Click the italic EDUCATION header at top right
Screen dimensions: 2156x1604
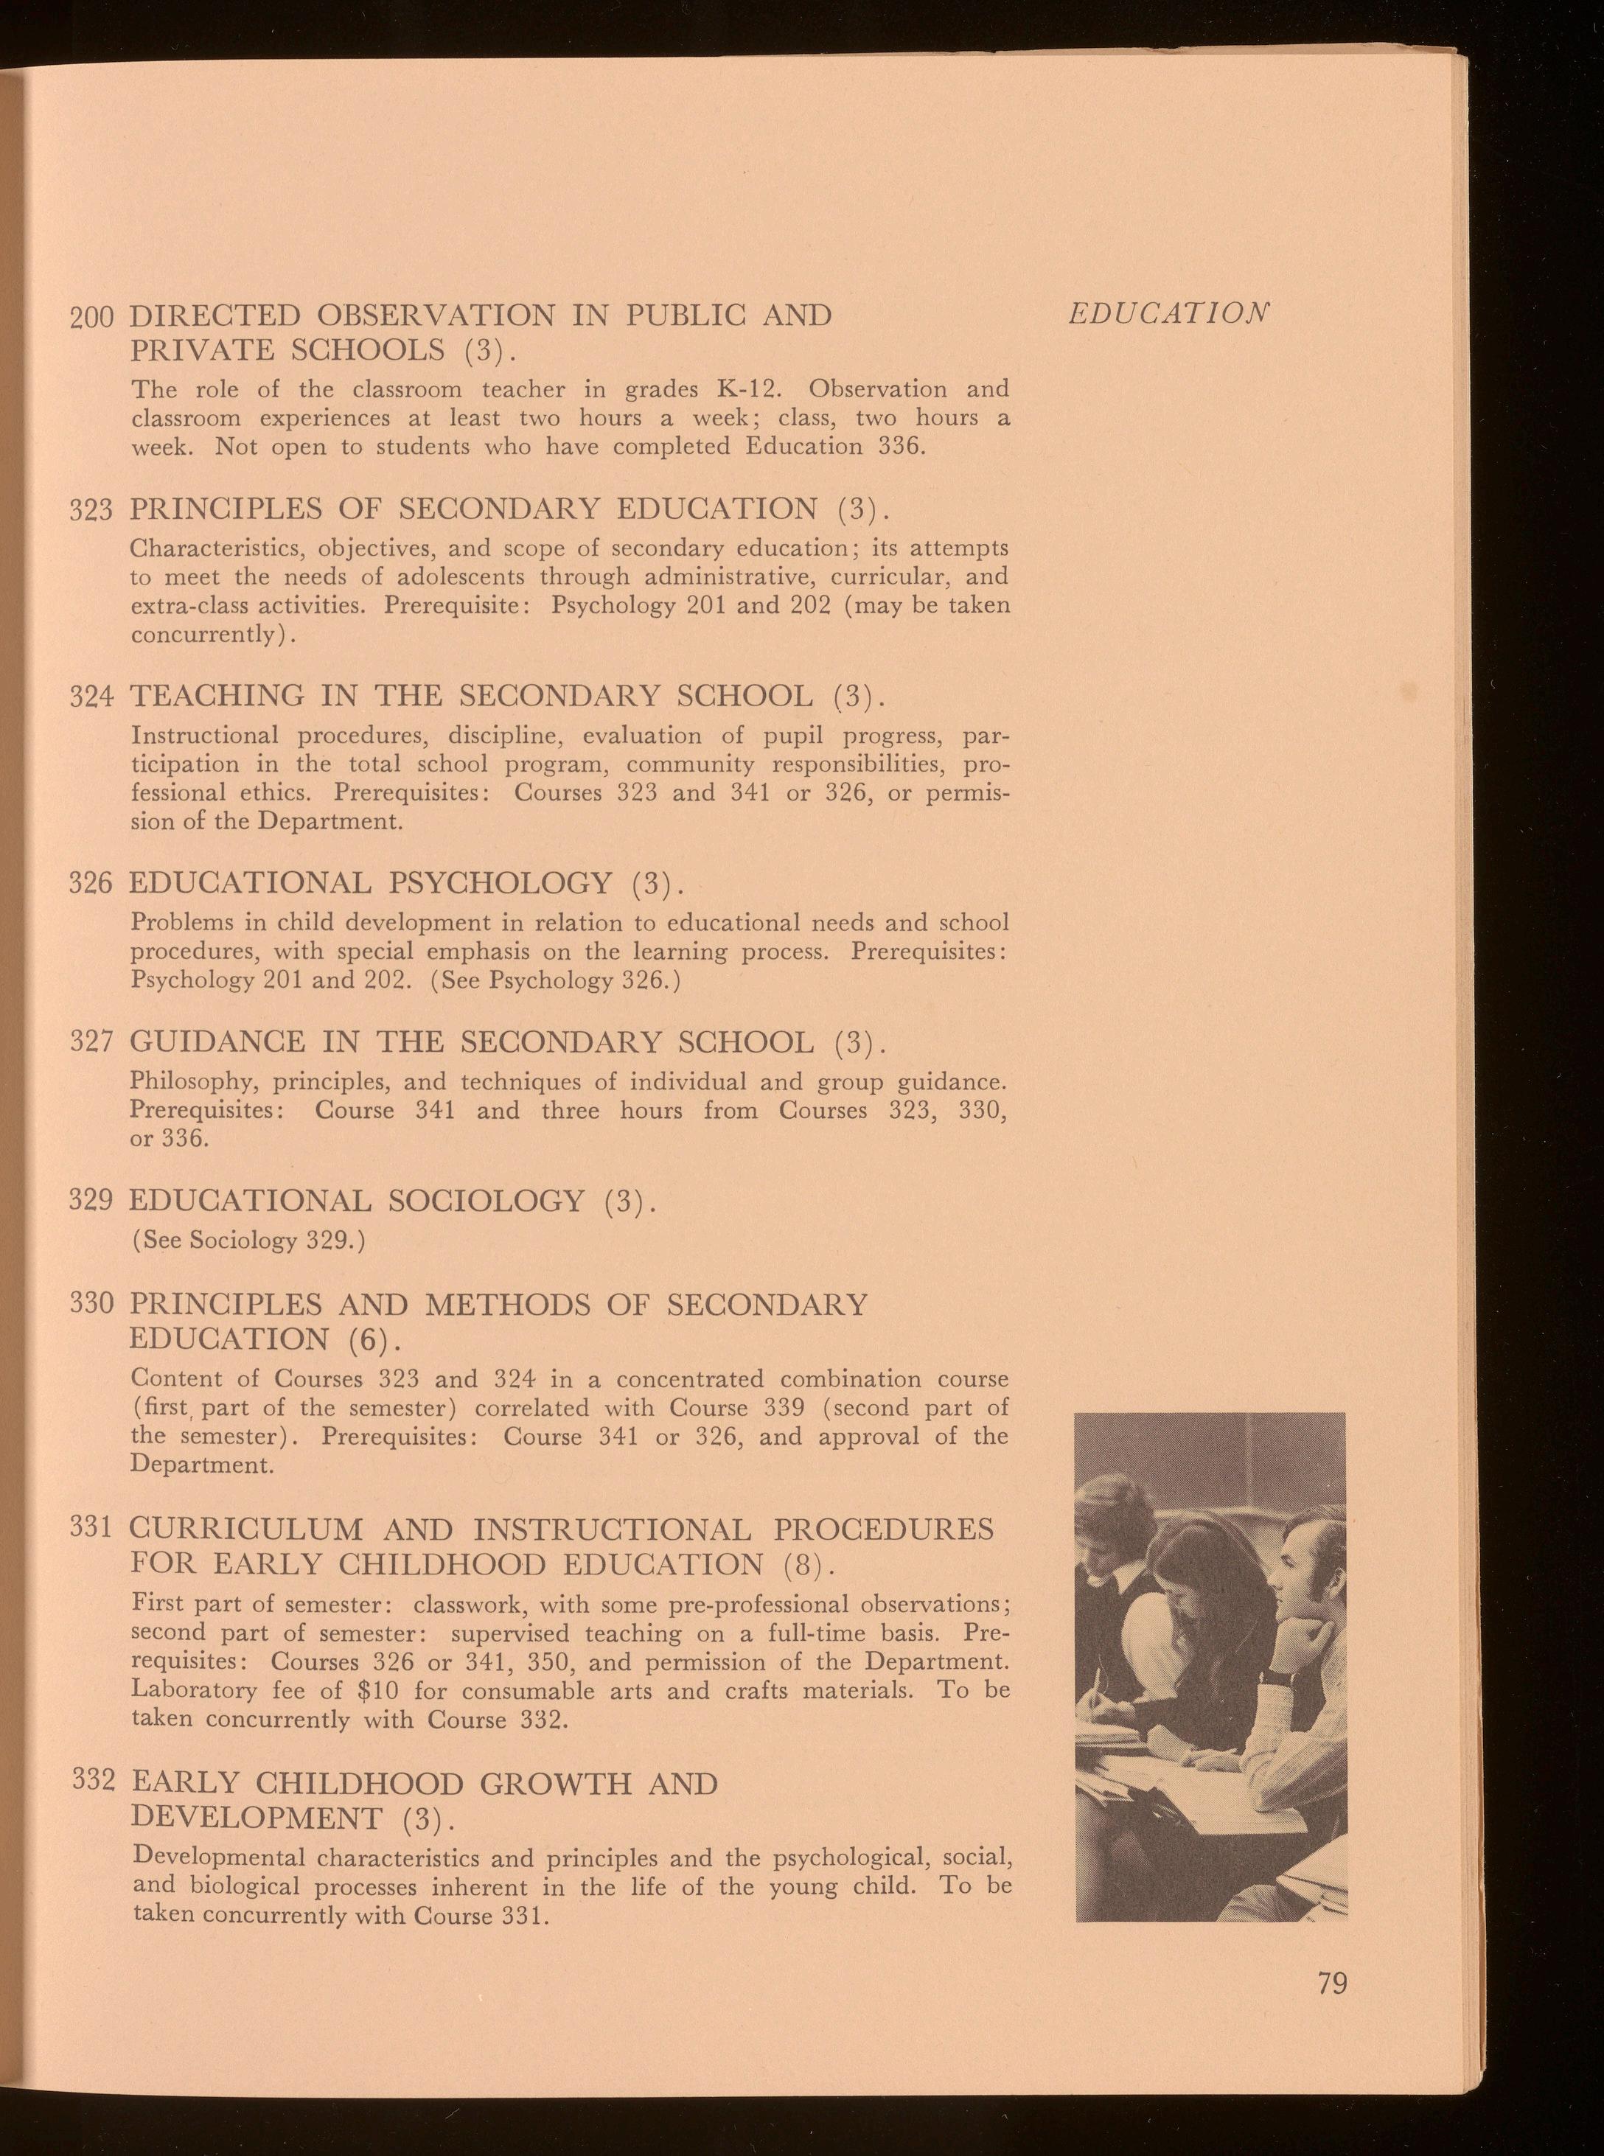[x=1168, y=313]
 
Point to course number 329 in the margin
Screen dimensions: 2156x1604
[x=93, y=1200]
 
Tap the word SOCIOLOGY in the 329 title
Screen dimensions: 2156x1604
[x=486, y=1201]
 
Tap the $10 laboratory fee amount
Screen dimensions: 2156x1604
[x=380, y=1690]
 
